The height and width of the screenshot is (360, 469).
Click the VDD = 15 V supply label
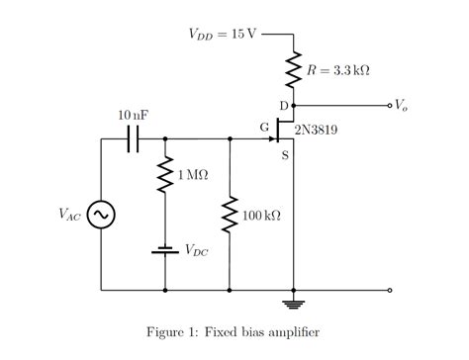coord(222,34)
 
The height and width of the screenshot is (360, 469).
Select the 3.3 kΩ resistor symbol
coord(294,69)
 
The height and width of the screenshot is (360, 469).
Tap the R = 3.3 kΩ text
coord(338,70)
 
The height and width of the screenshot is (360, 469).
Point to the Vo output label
coord(401,103)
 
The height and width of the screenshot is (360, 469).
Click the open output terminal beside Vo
coord(390,104)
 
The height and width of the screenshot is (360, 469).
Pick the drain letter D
coord(283,106)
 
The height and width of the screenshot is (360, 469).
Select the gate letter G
coord(263,127)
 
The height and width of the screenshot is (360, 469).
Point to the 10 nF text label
coord(133,115)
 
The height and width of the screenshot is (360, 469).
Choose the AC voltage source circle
coord(101,215)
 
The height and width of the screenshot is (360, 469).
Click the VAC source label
coord(68,215)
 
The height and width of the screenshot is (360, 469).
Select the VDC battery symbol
coord(164,249)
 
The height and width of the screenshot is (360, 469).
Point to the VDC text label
coord(195,250)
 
